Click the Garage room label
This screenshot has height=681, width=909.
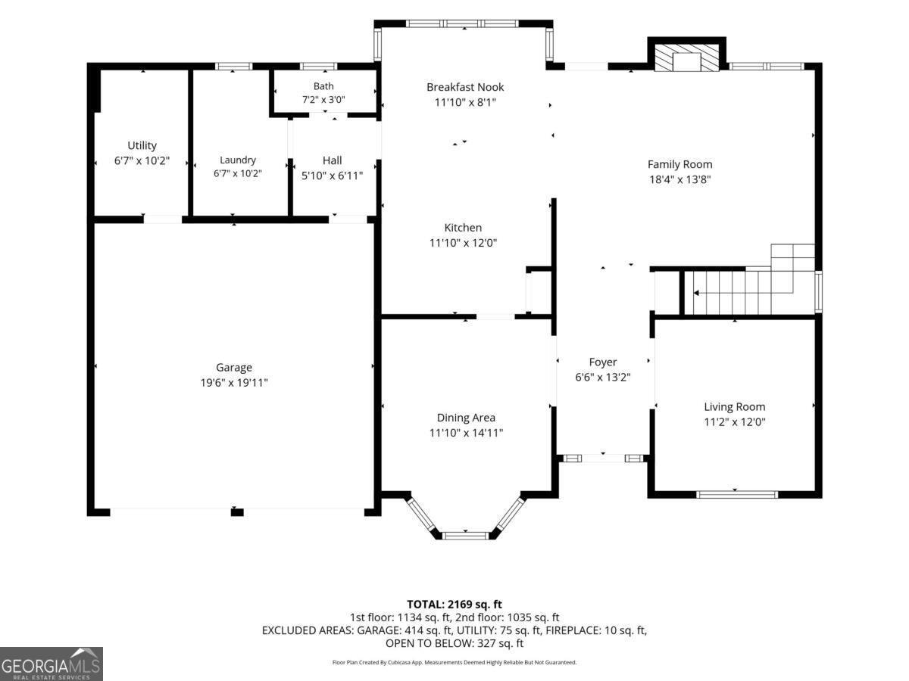(234, 367)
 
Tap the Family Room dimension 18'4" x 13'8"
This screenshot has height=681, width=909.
(680, 179)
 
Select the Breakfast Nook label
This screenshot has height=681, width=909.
(465, 87)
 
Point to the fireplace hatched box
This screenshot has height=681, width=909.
(686, 56)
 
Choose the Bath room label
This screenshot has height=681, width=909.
(323, 86)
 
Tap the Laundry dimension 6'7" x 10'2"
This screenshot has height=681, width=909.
(238, 173)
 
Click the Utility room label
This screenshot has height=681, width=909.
(142, 145)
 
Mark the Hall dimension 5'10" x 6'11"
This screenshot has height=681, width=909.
(332, 176)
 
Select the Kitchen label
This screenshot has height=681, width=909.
(463, 228)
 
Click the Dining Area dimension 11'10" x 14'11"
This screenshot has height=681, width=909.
(466, 433)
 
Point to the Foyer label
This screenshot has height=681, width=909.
(602, 362)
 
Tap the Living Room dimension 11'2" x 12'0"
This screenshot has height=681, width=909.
(735, 421)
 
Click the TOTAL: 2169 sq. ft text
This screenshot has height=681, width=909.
(454, 605)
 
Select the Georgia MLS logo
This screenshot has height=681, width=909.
(52, 664)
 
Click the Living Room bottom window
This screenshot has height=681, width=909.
(737, 494)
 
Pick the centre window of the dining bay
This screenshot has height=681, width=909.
(465, 536)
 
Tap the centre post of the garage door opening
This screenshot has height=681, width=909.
(237, 513)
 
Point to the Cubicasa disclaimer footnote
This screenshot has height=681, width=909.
(454, 662)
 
